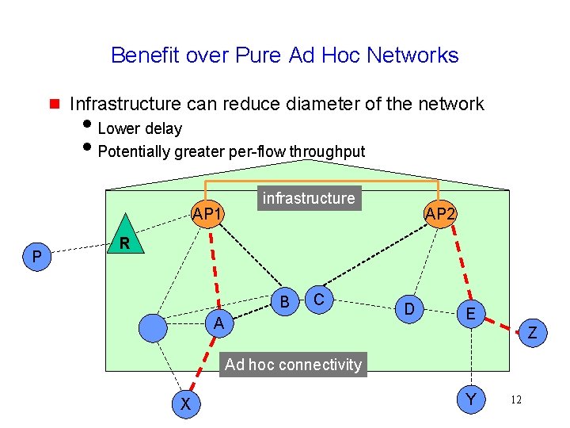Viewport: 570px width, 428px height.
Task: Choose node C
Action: point(318,299)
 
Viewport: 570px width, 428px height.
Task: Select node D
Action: point(408,308)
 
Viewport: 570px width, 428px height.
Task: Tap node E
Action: point(470,315)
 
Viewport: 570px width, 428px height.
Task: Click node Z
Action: point(532,333)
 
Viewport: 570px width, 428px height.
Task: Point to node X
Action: point(185,403)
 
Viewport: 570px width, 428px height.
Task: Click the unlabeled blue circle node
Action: point(153,326)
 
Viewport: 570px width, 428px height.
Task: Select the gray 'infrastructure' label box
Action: point(309,198)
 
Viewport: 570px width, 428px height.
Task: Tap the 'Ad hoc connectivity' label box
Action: point(293,365)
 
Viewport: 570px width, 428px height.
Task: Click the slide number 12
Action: point(516,400)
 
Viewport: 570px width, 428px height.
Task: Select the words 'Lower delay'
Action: point(139,128)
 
